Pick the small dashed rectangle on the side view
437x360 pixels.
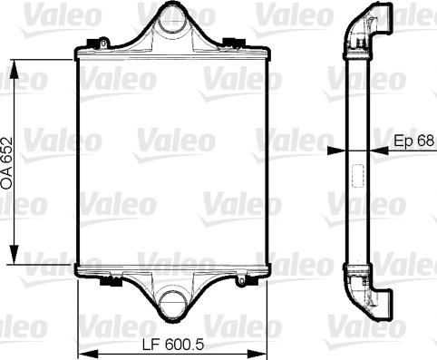357,174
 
